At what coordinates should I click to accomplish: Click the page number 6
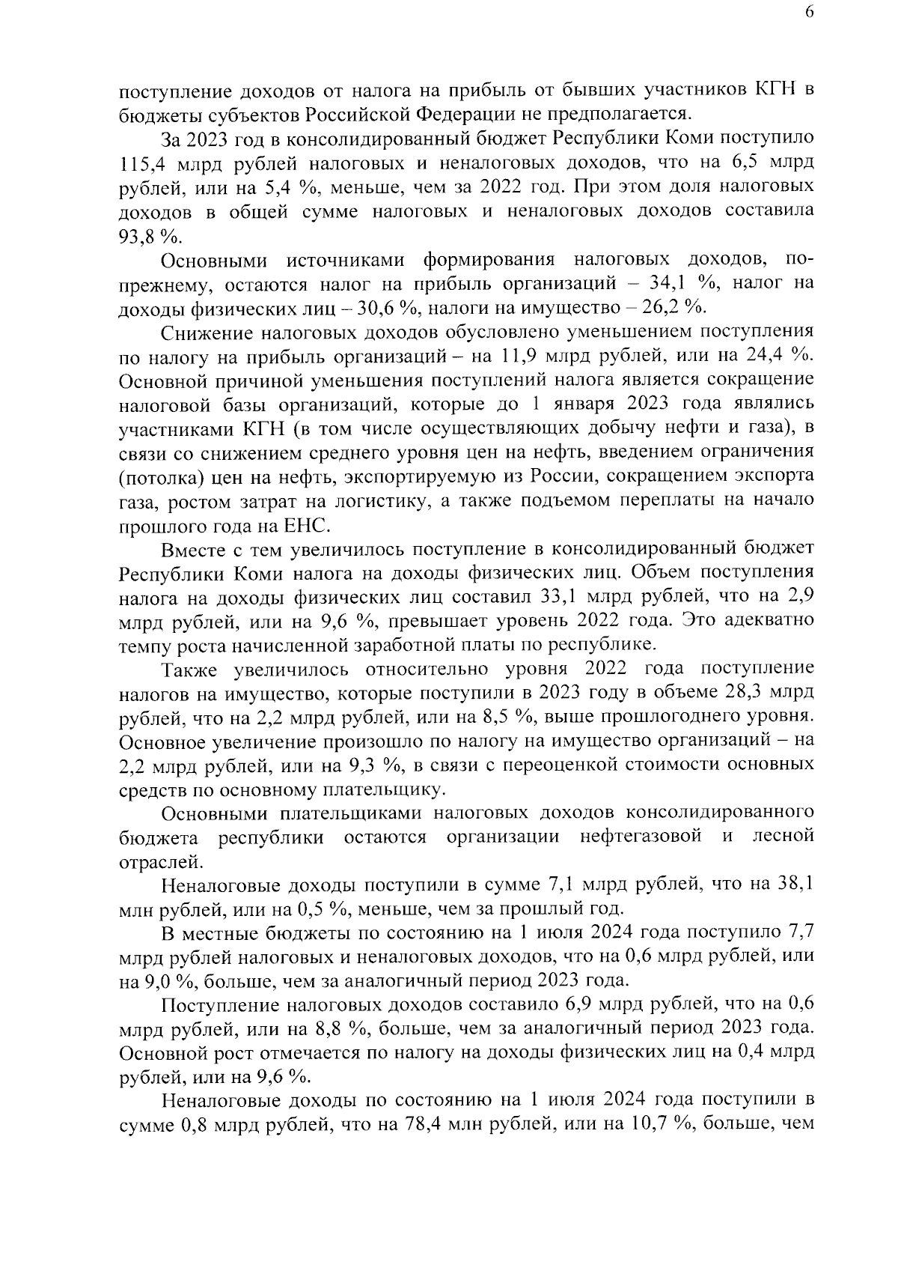pos(810,13)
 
